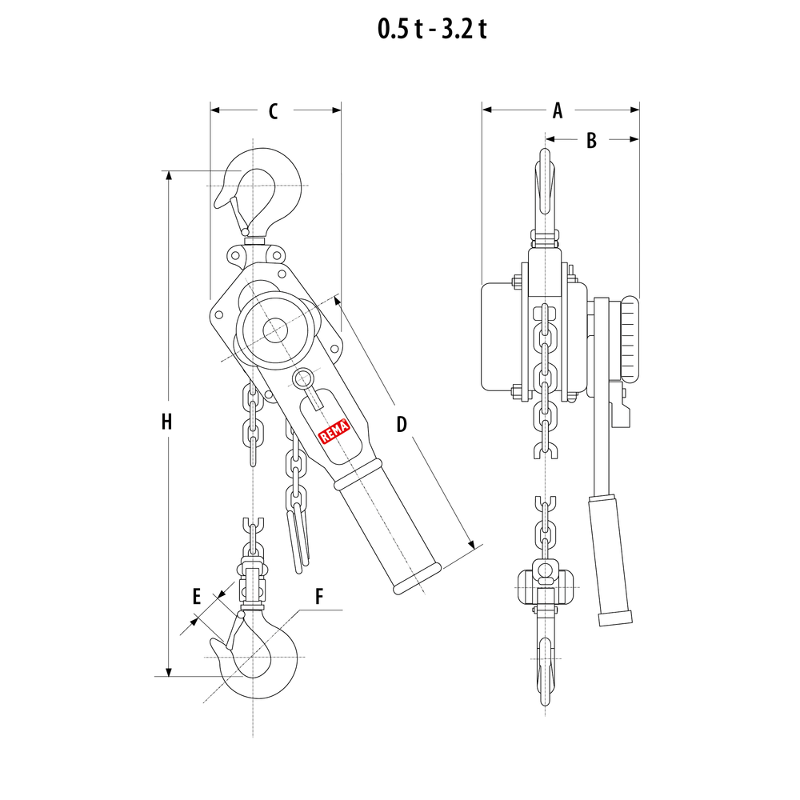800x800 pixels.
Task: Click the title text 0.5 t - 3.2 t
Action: [x=432, y=29]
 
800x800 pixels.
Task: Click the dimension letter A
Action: [x=558, y=110]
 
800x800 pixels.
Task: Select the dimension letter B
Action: [x=591, y=140]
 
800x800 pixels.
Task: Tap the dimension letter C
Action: [x=273, y=111]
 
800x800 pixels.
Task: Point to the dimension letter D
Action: [x=402, y=424]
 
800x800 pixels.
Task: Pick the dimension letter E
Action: [x=196, y=595]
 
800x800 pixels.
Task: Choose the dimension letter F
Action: [x=319, y=596]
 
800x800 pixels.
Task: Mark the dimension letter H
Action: [x=166, y=422]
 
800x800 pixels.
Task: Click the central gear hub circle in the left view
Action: [x=274, y=330]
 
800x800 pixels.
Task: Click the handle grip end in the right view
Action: [x=615, y=618]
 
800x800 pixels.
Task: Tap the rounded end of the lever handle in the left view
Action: [x=418, y=579]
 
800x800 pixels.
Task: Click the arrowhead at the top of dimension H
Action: [x=169, y=176]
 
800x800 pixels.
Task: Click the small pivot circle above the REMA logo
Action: [x=303, y=378]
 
